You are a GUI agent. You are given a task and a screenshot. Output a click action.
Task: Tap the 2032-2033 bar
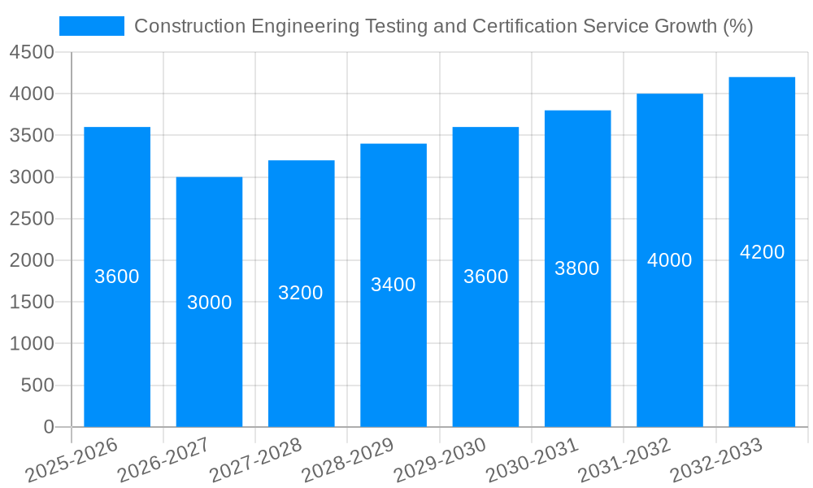click(x=762, y=342)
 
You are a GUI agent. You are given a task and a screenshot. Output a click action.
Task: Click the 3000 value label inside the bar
click(x=209, y=303)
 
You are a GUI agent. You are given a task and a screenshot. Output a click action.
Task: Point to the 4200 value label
click(x=762, y=252)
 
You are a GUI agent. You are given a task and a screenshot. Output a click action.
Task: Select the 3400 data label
click(x=393, y=285)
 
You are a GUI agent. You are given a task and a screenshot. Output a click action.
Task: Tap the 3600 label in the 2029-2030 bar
click(x=485, y=277)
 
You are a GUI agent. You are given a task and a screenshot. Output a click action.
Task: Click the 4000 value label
click(x=670, y=260)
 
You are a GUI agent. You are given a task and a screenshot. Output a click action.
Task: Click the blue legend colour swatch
click(x=92, y=26)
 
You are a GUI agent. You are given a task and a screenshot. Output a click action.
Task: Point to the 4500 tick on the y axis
click(x=32, y=53)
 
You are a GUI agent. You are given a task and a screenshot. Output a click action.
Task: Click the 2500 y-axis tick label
click(x=32, y=220)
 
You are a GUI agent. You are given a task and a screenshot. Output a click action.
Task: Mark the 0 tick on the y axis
click(x=48, y=427)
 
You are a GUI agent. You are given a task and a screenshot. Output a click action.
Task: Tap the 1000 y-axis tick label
click(x=32, y=344)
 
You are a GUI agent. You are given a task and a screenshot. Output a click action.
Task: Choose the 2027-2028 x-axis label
click(x=256, y=460)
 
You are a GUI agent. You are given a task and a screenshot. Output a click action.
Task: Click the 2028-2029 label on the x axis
click(x=348, y=460)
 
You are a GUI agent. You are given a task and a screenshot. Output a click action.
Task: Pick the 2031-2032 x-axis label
click(x=624, y=460)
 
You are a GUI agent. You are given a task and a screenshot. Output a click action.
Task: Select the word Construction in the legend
click(x=189, y=26)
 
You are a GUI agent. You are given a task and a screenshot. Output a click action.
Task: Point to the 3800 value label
click(x=577, y=268)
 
